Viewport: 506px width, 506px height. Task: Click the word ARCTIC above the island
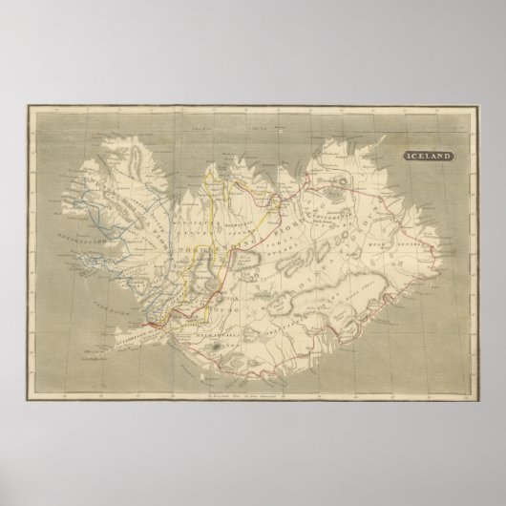click(198, 137)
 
